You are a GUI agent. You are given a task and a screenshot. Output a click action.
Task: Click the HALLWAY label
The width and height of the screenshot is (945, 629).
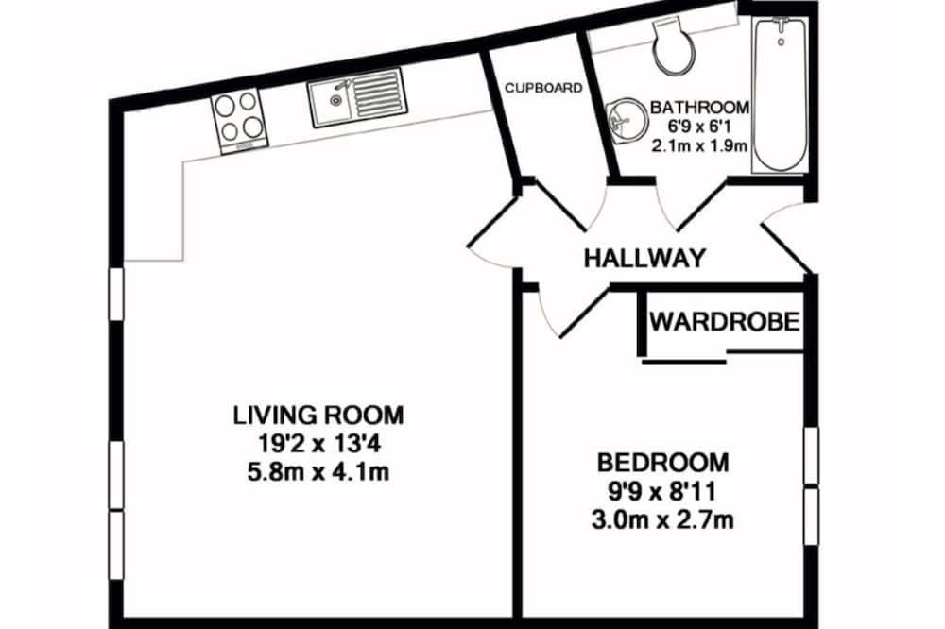coord(644,259)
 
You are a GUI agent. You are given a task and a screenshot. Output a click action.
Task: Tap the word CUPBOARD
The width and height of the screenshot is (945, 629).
coord(543,88)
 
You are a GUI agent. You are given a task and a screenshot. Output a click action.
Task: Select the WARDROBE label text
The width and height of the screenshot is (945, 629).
coord(725,322)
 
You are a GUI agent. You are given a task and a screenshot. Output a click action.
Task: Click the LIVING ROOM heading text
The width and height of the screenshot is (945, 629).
coord(318,416)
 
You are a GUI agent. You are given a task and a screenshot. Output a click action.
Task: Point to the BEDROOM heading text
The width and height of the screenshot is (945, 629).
coord(663,463)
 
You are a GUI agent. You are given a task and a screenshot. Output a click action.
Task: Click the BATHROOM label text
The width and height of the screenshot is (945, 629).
coord(699,108)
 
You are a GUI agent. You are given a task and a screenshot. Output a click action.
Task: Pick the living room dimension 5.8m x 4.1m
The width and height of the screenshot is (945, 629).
coord(318,472)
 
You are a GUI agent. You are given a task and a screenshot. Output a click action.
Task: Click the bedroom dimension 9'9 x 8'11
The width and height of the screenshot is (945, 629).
coord(663,492)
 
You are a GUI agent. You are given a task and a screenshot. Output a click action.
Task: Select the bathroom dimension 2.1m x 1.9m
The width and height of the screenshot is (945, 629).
coord(699,145)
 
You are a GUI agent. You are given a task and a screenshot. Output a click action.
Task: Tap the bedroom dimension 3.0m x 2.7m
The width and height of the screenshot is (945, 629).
coord(663,519)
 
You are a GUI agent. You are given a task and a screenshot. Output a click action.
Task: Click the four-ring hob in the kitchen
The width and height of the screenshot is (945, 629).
coord(239,121)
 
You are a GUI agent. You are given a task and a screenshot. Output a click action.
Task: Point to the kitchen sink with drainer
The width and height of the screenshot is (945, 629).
coord(357,97)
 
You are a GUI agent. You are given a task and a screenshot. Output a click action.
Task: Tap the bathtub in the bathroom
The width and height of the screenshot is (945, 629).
coord(780,94)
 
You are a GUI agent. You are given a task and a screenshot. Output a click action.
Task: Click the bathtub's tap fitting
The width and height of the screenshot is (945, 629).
coord(782,30)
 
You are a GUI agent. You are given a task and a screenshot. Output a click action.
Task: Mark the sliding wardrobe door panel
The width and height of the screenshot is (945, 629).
coord(684,362)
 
